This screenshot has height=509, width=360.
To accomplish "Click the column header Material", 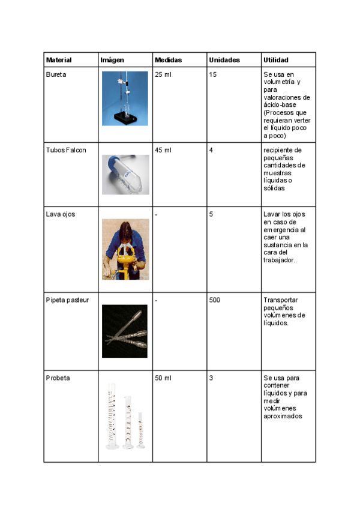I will pos(59,60).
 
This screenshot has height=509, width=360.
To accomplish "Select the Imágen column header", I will pos(112,60).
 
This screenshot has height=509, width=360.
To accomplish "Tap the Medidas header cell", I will pos(168,60).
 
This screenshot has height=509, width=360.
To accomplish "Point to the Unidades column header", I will pos(224,60).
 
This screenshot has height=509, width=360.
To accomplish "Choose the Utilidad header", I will pos(275,60).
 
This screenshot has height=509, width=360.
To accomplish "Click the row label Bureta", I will pos(56,74).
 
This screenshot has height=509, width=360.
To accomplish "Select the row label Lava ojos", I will pos(61,214).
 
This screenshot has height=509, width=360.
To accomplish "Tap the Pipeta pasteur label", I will pos(67,300).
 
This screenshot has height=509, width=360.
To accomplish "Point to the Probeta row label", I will pos(58,378).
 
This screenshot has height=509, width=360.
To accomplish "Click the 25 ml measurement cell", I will pos(163,74).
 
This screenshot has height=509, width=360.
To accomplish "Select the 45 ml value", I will pos(163,149).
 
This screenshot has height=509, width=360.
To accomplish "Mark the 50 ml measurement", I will pos(163,378).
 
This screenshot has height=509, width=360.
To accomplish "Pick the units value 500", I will pos(215,300).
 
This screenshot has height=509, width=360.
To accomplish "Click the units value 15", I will pos(213,74).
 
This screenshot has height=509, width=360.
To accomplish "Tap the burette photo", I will pos(125,98).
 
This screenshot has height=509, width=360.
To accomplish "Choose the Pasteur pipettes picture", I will pos(125,331).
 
